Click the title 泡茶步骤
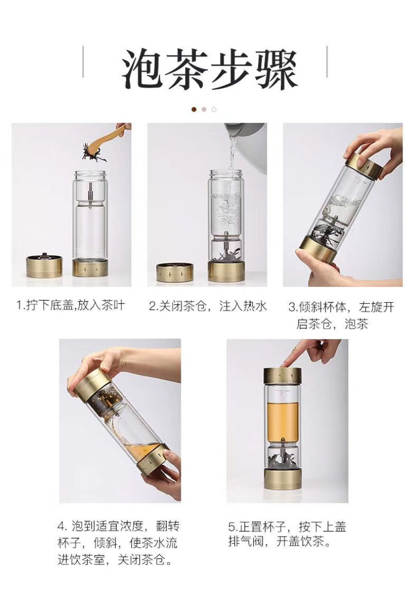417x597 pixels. click(209, 69)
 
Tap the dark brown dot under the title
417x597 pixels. click(194, 109)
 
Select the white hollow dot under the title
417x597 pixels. click(214, 109)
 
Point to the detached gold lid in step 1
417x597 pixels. click(44, 266)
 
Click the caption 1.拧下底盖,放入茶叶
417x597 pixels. click(70, 305)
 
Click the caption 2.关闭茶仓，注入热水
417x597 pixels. click(208, 306)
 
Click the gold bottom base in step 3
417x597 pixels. click(318, 250)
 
